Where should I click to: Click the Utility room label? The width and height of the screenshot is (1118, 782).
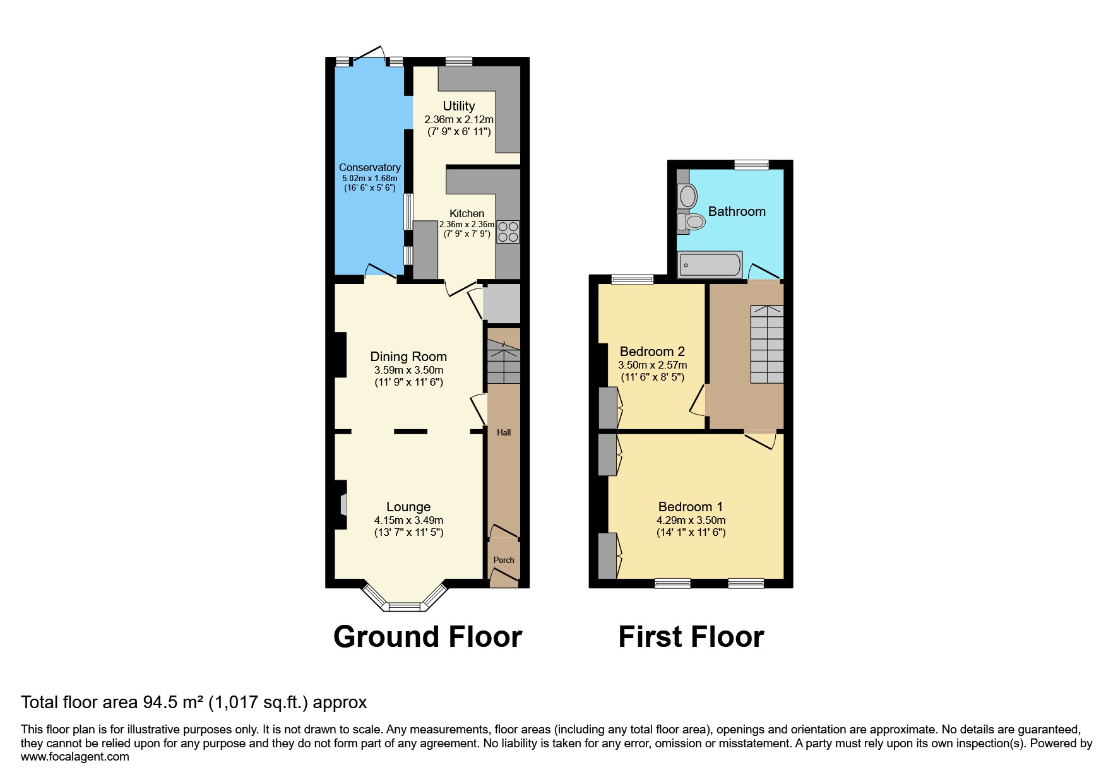pos(458,106)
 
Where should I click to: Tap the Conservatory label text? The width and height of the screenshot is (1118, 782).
pos(369,167)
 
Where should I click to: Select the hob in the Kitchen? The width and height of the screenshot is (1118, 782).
pos(508,232)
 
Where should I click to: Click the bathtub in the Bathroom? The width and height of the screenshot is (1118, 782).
pos(710,265)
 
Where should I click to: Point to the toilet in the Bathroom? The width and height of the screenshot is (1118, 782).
pos(692,222)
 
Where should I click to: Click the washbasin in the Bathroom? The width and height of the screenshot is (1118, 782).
pos(687,196)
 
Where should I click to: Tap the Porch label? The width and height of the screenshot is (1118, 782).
pos(504,560)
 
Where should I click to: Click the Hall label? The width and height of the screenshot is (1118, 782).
pos(504,432)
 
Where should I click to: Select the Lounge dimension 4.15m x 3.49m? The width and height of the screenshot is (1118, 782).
pos(408,521)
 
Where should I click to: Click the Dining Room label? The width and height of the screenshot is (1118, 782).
pos(408,357)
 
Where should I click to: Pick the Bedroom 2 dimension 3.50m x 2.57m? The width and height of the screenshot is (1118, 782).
pos(652,365)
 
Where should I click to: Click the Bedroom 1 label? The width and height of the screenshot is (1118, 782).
pos(690,507)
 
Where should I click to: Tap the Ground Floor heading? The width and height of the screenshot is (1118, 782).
pos(427,637)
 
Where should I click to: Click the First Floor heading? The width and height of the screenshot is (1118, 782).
pos(691,637)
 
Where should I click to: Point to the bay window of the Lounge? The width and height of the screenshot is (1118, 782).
pos(404,606)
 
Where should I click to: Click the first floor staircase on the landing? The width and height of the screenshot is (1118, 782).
pos(767,345)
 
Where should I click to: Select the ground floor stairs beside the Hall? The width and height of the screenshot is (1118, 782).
pos(504,362)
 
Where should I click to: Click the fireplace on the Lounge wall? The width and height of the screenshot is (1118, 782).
pos(342,505)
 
